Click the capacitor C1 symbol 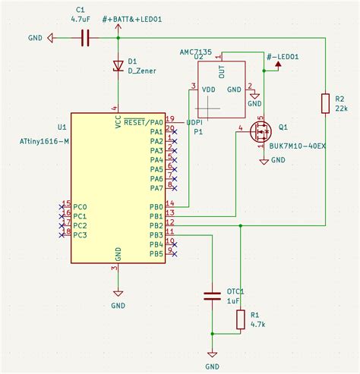(x=85, y=36)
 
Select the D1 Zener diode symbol (x=118, y=66)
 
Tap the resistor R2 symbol (x=326, y=103)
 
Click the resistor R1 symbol (x=241, y=319)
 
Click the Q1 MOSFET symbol (x=261, y=133)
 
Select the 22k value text (x=341, y=109)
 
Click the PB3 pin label (x=155, y=234)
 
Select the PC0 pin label (x=80, y=206)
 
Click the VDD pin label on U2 (x=207, y=89)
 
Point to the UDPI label (x=194, y=121)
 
